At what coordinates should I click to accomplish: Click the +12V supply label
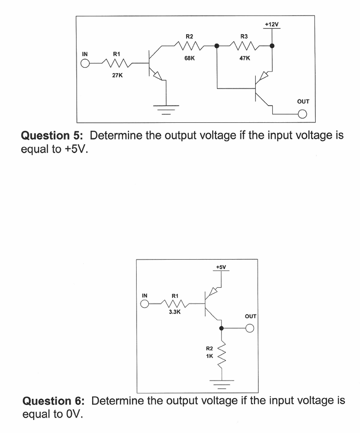(x=272, y=24)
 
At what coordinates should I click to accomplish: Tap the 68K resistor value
(x=189, y=58)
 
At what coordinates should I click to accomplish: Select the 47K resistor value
(x=245, y=58)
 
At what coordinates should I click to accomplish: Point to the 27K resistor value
(x=118, y=75)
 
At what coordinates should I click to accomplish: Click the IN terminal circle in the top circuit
(x=85, y=64)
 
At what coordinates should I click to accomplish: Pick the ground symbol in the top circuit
(x=166, y=108)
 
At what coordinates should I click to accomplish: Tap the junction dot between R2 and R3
(x=217, y=46)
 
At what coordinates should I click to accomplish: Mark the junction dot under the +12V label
(x=272, y=46)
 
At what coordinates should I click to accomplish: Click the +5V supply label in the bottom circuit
(x=221, y=267)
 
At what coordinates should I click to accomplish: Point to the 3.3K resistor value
(x=175, y=312)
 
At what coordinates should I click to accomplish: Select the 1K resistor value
(x=209, y=356)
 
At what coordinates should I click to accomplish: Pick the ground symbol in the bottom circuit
(x=221, y=382)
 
